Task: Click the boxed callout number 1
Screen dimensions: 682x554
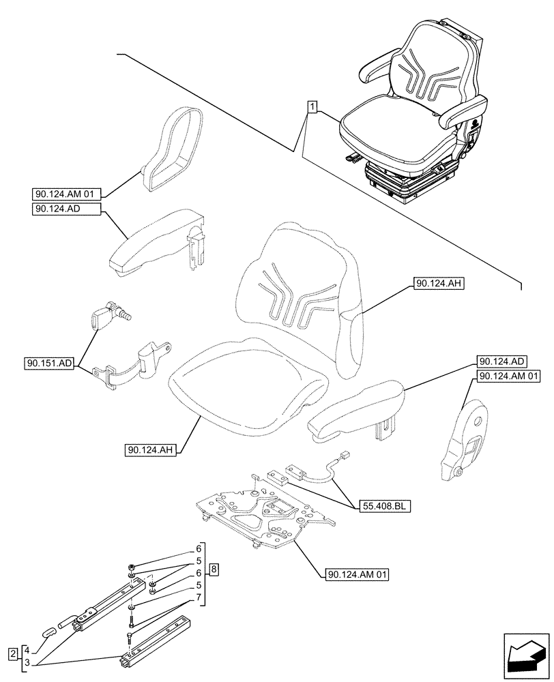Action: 311,106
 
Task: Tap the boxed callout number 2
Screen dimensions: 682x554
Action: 13,655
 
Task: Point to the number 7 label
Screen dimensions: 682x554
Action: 199,598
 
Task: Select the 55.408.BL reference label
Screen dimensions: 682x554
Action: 377,507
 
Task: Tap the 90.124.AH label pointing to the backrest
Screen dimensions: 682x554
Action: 438,284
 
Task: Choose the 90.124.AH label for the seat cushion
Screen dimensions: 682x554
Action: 151,449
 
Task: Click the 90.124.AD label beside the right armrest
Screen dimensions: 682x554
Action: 502,361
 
